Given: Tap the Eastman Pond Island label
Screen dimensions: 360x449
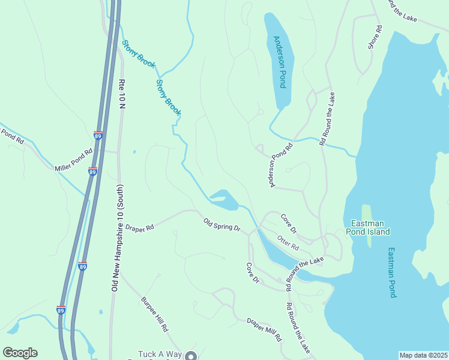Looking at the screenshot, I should click(x=370, y=227).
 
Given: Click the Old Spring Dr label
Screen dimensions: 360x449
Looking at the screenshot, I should click(x=221, y=226).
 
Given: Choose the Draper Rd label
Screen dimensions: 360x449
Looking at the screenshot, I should click(x=140, y=227).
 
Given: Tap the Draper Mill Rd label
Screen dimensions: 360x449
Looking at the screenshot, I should click(x=264, y=329).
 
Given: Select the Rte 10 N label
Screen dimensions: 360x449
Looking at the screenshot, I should click(x=122, y=93).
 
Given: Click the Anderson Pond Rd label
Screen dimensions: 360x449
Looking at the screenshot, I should click(x=280, y=164).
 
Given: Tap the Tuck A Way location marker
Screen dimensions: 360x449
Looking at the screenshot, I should click(x=191, y=356).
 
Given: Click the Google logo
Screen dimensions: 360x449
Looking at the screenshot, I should click(x=20, y=353).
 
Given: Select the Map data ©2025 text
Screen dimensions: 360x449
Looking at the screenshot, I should click(x=423, y=355).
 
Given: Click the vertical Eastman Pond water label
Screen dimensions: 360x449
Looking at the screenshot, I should click(x=391, y=273).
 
